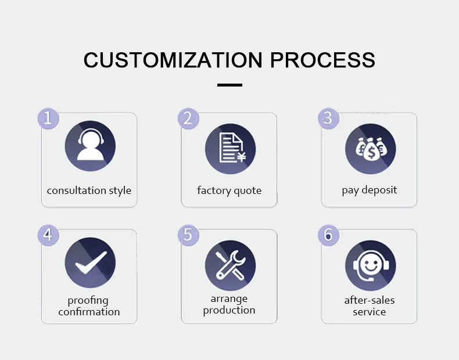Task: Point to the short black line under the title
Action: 229,85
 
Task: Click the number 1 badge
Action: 48,118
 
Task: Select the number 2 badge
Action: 188,118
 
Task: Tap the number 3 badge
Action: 328,118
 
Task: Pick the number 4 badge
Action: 48,235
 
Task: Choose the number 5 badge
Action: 188,235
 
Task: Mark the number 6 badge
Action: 328,235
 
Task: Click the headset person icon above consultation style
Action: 89,146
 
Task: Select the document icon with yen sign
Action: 230,148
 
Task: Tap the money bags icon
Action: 370,148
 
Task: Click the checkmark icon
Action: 89,263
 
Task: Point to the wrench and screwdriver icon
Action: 230,265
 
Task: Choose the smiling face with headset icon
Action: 370,265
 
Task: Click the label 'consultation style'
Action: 89,190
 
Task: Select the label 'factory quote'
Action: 229,190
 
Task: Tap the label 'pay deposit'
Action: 370,190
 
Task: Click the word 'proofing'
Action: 88,301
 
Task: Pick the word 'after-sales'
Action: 370,300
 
